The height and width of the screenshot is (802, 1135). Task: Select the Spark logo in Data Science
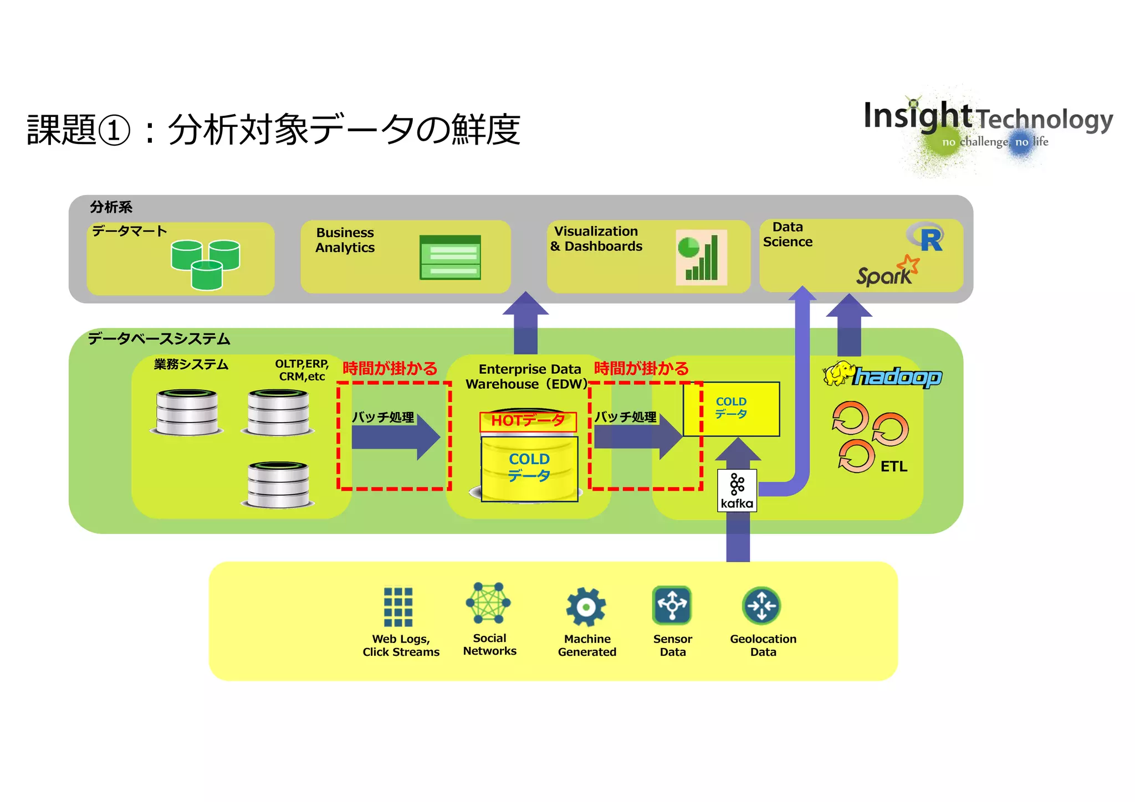(887, 271)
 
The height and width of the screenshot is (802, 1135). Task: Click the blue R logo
(927, 238)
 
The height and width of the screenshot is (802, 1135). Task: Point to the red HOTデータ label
(528, 421)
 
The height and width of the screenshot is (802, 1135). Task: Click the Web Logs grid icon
(398, 607)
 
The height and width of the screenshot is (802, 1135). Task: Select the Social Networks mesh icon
(488, 603)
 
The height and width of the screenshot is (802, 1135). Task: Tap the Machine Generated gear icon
(586, 607)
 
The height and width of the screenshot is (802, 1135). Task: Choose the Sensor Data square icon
(672, 605)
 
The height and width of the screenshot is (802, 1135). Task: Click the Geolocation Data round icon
(761, 605)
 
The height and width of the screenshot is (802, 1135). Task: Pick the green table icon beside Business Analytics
(450, 258)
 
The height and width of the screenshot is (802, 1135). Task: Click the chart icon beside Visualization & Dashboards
(701, 258)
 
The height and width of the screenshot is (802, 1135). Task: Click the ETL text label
(893, 467)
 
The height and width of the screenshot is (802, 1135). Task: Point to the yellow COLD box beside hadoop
(731, 409)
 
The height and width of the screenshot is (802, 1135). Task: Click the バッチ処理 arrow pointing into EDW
(395, 437)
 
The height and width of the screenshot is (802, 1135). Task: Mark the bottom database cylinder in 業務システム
(278, 485)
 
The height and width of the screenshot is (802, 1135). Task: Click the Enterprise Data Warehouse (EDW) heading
(526, 377)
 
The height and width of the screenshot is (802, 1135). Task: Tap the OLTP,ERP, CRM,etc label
(302, 370)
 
